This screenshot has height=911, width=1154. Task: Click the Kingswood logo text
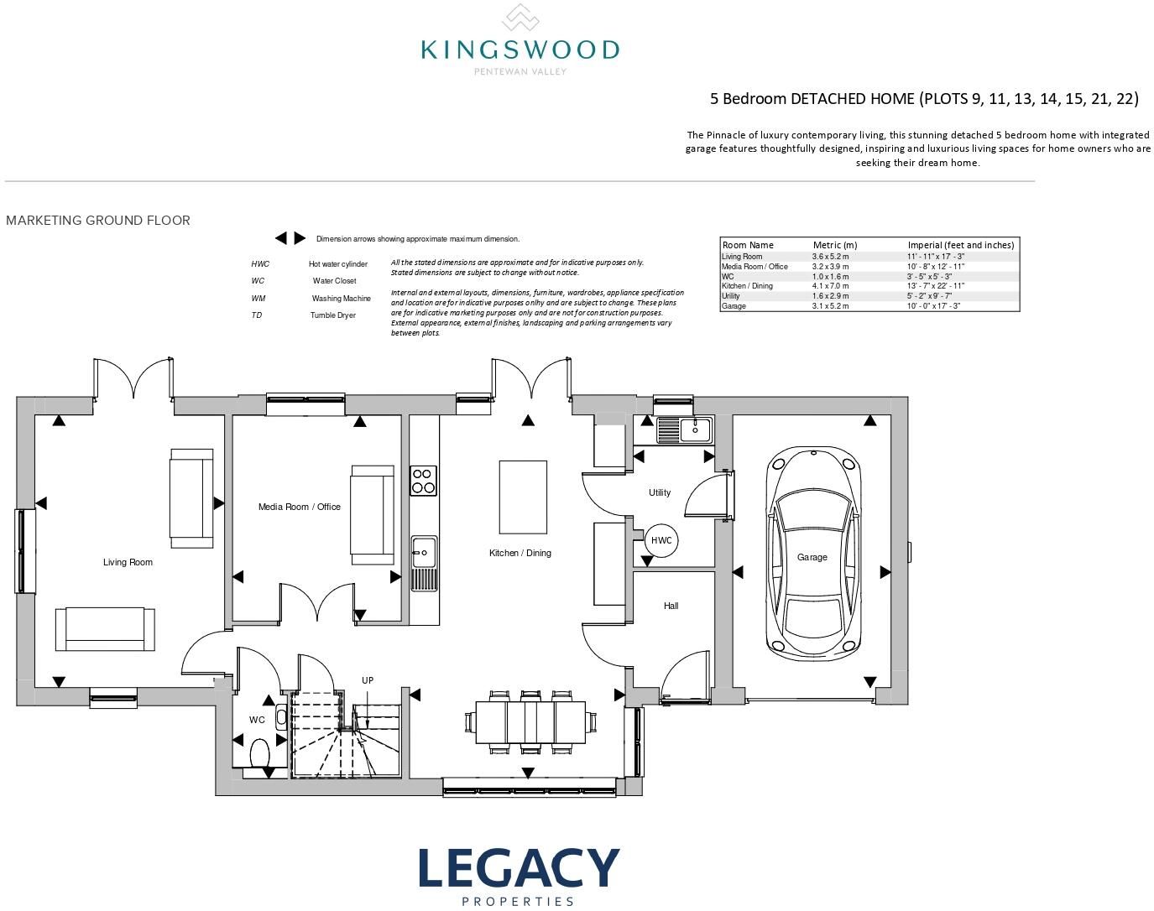[520, 49]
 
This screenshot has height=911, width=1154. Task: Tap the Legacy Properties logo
[519, 876]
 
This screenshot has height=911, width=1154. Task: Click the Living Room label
[128, 562]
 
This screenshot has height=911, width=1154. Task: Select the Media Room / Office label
[300, 507]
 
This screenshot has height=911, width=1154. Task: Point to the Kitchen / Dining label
[520, 553]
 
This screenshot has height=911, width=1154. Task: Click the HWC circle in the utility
[661, 540]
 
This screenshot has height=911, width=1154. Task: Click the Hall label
[671, 606]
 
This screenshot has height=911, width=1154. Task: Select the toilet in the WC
[260, 753]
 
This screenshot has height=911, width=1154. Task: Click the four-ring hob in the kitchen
[423, 481]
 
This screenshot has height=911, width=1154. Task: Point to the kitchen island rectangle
[523, 497]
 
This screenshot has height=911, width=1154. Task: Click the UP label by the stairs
[368, 680]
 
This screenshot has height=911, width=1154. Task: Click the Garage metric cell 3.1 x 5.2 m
[830, 306]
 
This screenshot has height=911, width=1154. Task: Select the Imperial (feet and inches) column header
[961, 245]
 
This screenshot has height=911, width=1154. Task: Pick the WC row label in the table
[728, 277]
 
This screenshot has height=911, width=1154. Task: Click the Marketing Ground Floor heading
[98, 221]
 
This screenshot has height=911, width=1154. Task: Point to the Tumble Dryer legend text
[333, 315]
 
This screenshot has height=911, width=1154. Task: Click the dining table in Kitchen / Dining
[530, 722]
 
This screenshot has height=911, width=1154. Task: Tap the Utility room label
[660, 492]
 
